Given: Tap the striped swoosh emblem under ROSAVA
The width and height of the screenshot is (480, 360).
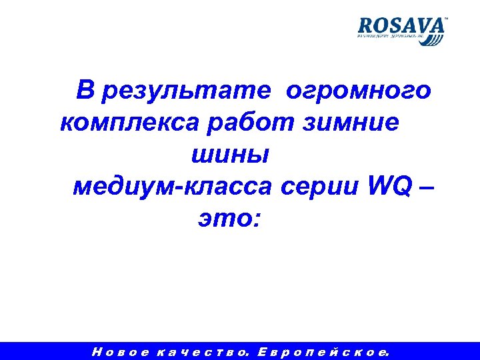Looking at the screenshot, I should tap(432, 39).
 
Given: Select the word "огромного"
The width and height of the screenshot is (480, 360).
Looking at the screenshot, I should tap(358, 89).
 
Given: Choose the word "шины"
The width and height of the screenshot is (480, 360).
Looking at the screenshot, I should tap(231, 155).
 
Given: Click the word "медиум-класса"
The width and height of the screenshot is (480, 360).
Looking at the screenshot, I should tap(172, 187).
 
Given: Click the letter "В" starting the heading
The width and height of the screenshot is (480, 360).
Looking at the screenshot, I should tap(85, 89).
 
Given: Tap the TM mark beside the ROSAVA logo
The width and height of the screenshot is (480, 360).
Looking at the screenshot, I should tap(445, 20).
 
